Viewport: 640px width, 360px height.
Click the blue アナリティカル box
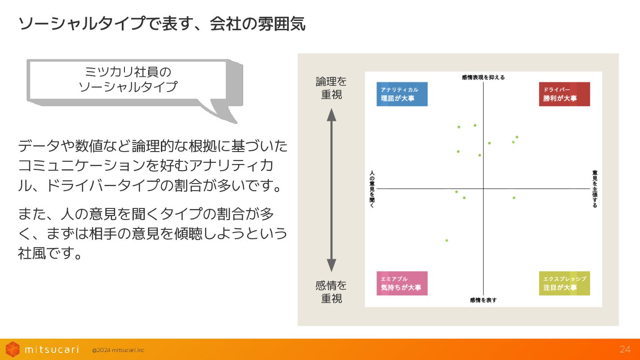402,94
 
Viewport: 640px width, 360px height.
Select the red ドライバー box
564,94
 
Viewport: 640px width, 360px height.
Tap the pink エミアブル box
402,283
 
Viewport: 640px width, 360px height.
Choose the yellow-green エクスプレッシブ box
564,283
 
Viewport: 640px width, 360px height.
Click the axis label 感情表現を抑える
483,77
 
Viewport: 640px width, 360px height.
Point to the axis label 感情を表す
483,300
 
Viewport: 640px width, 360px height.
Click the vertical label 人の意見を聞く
372,189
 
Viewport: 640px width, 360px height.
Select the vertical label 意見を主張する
595,189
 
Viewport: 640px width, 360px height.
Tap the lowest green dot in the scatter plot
447,240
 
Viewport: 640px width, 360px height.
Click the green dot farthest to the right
517,137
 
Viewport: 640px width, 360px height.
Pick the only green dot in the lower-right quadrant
514,198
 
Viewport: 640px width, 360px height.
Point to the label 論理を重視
331,88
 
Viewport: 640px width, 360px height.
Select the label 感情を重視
331,292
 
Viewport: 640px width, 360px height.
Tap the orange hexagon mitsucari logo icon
12,349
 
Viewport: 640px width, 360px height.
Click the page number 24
625,349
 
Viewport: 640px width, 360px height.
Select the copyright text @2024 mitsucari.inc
118,350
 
